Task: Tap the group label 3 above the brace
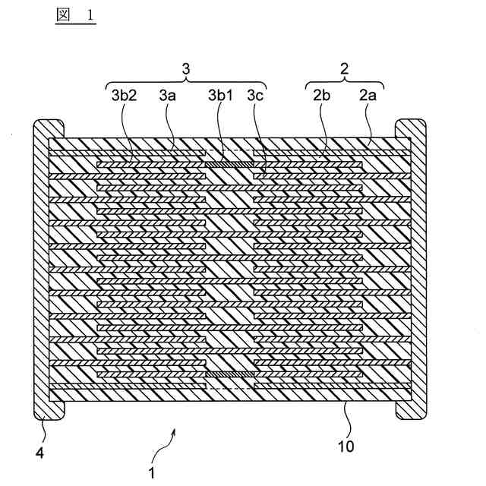tap(186, 68)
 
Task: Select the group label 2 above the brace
tap(344, 68)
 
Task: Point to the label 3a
tap(169, 96)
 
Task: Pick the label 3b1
tap(222, 96)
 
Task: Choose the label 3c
tap(256, 96)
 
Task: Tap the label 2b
tap(320, 96)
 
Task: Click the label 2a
tap(369, 96)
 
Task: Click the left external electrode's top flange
tap(47, 127)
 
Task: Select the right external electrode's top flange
tap(412, 127)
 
